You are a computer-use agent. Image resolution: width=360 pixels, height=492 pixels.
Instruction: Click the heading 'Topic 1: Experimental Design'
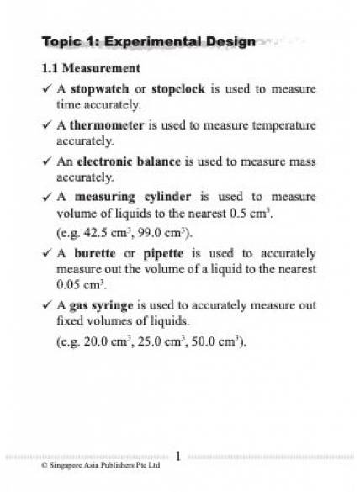(148, 41)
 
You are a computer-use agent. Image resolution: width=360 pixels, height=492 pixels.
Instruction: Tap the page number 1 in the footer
(178, 455)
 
